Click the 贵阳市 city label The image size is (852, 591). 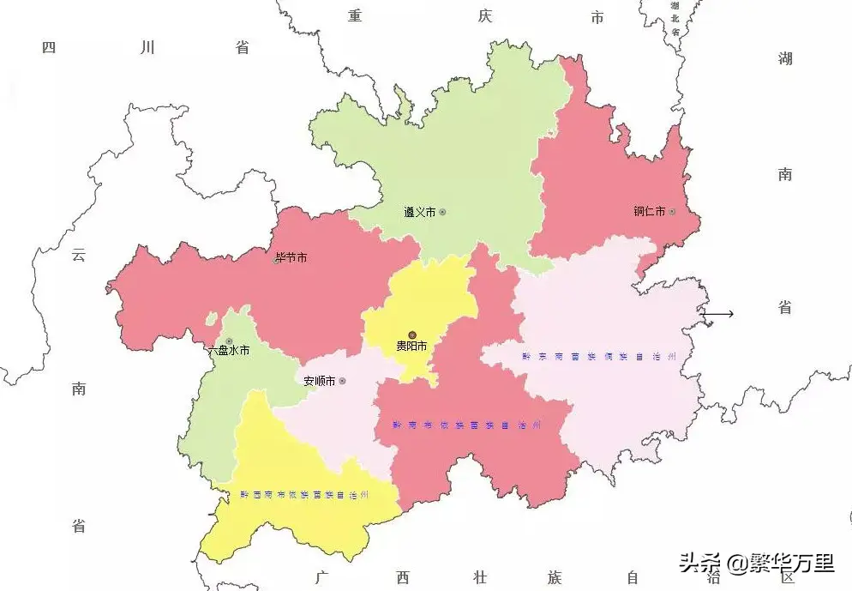(x=411, y=347)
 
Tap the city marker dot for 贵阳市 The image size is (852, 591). (x=411, y=335)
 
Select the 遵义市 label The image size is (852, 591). (x=420, y=212)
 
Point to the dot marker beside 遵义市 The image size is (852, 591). (x=442, y=212)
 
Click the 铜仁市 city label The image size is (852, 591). (x=649, y=212)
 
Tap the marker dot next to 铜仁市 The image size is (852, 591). (x=672, y=212)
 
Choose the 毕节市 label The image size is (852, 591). (x=291, y=257)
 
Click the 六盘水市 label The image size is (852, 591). (x=229, y=350)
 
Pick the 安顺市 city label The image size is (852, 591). (x=319, y=381)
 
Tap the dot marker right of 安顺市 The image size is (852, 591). (x=342, y=381)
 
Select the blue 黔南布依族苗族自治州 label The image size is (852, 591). (x=467, y=425)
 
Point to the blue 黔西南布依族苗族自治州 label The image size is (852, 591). (x=304, y=495)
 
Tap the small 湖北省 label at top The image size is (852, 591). (x=675, y=18)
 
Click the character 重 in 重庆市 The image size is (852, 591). (x=355, y=16)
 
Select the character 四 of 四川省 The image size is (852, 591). (x=49, y=47)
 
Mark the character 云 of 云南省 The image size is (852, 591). (x=79, y=255)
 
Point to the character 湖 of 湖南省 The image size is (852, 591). (x=785, y=58)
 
